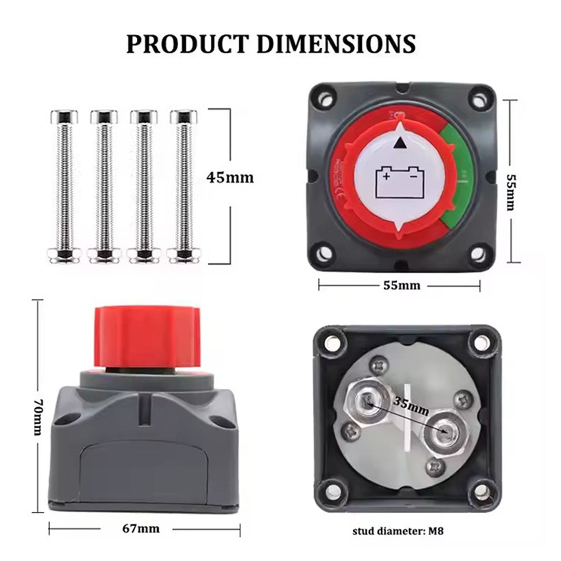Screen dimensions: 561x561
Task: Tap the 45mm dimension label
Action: click(230, 178)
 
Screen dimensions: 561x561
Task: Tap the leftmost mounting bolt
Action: click(65, 186)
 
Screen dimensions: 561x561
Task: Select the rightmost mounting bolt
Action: click(184, 186)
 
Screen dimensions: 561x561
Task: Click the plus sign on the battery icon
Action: click(386, 176)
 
